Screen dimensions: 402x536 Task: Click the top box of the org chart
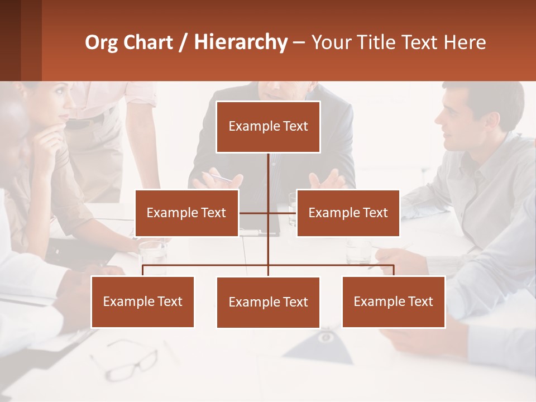(x=268, y=127)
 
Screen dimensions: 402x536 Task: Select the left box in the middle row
(x=186, y=213)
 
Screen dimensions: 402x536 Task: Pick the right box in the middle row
(x=348, y=213)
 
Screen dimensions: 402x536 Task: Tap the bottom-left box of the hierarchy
(x=142, y=301)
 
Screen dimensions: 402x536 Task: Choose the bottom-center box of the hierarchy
(x=268, y=302)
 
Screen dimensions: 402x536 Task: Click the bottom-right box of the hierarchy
(x=393, y=301)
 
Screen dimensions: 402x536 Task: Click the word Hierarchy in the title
(x=241, y=42)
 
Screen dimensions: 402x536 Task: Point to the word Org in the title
(x=102, y=42)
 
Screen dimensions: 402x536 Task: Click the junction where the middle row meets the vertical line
(x=268, y=213)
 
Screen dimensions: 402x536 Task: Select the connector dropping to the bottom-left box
(x=143, y=270)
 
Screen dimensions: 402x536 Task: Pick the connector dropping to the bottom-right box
(x=394, y=270)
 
